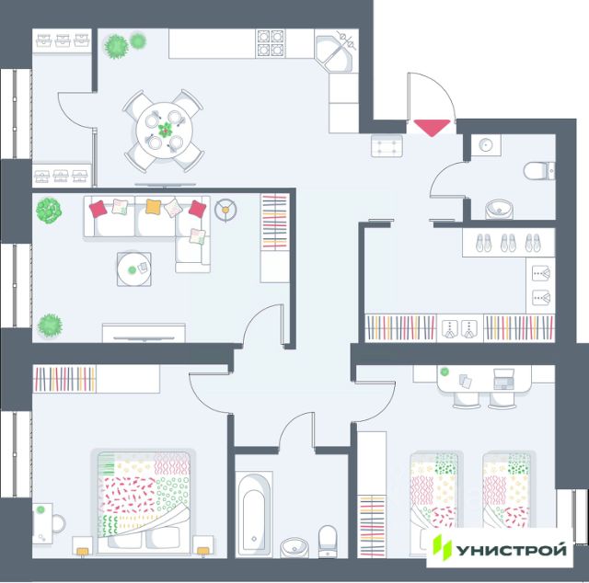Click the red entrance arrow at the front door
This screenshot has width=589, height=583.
[x=431, y=128]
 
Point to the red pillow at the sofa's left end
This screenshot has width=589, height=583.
[x=98, y=210]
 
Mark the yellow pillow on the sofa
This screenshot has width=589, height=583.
[x=154, y=207]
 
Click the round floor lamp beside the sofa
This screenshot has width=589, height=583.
[x=225, y=210]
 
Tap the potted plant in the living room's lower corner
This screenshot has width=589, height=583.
[x=50, y=324]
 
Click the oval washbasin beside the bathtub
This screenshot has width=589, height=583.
[x=294, y=544]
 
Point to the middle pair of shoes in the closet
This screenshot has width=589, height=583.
[x=508, y=243]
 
